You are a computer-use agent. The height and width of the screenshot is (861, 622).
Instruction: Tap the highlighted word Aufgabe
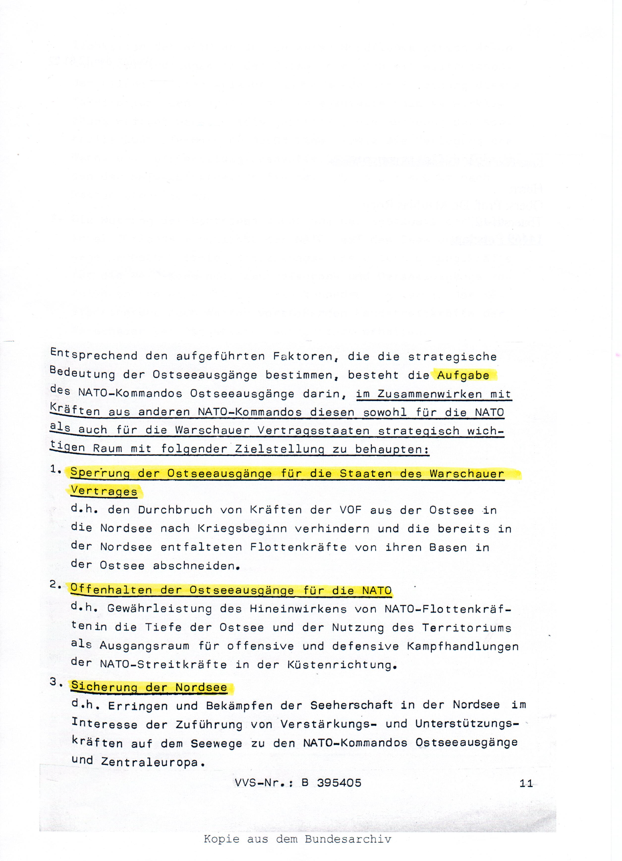(463, 375)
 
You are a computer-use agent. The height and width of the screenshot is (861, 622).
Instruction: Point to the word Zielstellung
(279, 449)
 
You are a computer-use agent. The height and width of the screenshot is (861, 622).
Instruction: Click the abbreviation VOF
(351, 510)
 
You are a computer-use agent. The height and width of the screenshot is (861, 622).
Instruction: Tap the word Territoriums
(467, 627)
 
